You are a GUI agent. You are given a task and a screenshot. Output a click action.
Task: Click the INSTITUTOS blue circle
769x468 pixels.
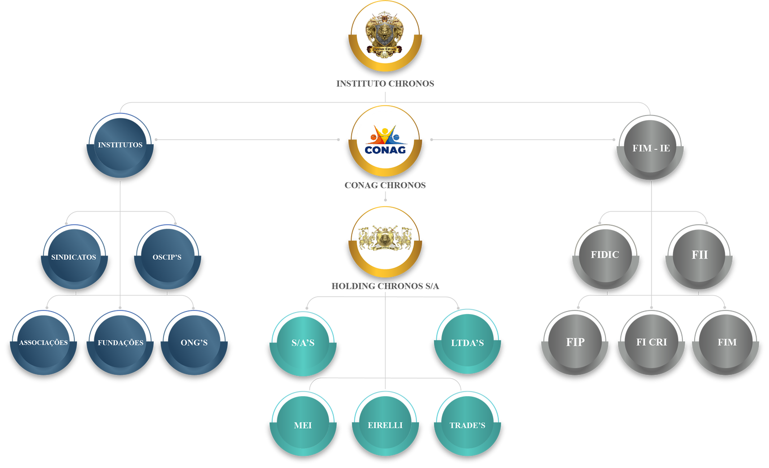[120, 146]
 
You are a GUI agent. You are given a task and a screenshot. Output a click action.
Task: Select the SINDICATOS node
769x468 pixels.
[74, 257]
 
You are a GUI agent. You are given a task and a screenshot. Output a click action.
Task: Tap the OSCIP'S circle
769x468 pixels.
[167, 257]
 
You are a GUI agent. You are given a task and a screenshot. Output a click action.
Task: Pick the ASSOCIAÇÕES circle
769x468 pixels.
[43, 342]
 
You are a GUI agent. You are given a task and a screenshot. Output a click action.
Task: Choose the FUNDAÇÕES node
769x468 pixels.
[120, 342]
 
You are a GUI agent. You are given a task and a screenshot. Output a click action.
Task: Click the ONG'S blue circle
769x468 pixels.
[194, 342]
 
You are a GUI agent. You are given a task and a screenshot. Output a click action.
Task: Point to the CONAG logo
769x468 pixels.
[385, 141]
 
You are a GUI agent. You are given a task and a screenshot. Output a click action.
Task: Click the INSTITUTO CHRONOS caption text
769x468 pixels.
[385, 83]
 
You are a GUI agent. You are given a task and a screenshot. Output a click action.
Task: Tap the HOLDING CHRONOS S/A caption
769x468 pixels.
[385, 286]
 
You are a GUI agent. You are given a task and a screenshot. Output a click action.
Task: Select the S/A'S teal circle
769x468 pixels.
[303, 343]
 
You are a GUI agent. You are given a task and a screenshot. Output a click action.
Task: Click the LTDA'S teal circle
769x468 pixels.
[467, 343]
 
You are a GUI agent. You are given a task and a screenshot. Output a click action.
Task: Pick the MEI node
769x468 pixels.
[303, 425]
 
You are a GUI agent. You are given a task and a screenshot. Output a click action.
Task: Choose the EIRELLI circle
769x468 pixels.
[385, 425]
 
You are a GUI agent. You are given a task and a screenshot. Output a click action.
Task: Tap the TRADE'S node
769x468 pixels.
[467, 425]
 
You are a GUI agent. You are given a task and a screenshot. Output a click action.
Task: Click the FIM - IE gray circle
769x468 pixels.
[651, 148]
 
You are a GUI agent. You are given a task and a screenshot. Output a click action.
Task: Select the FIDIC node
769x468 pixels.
[605, 255]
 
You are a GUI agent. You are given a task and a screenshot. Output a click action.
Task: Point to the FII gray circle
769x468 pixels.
[699, 255]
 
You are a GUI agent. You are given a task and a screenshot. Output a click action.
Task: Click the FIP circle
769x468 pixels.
[575, 342]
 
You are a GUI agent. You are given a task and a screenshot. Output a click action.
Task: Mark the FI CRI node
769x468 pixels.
[652, 342]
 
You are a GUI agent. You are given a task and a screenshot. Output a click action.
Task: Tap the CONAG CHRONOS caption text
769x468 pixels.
[385, 185]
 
